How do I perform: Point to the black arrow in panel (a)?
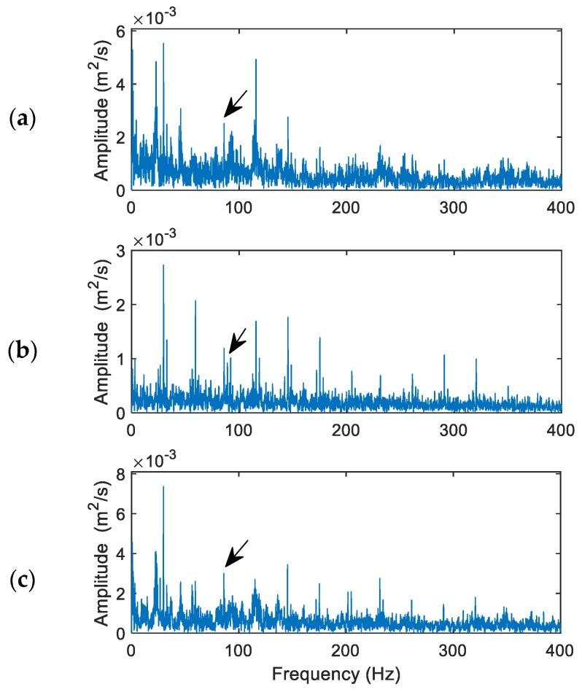235,104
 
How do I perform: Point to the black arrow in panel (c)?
236,553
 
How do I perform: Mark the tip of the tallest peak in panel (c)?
163,486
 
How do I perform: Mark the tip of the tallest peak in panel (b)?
163,265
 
